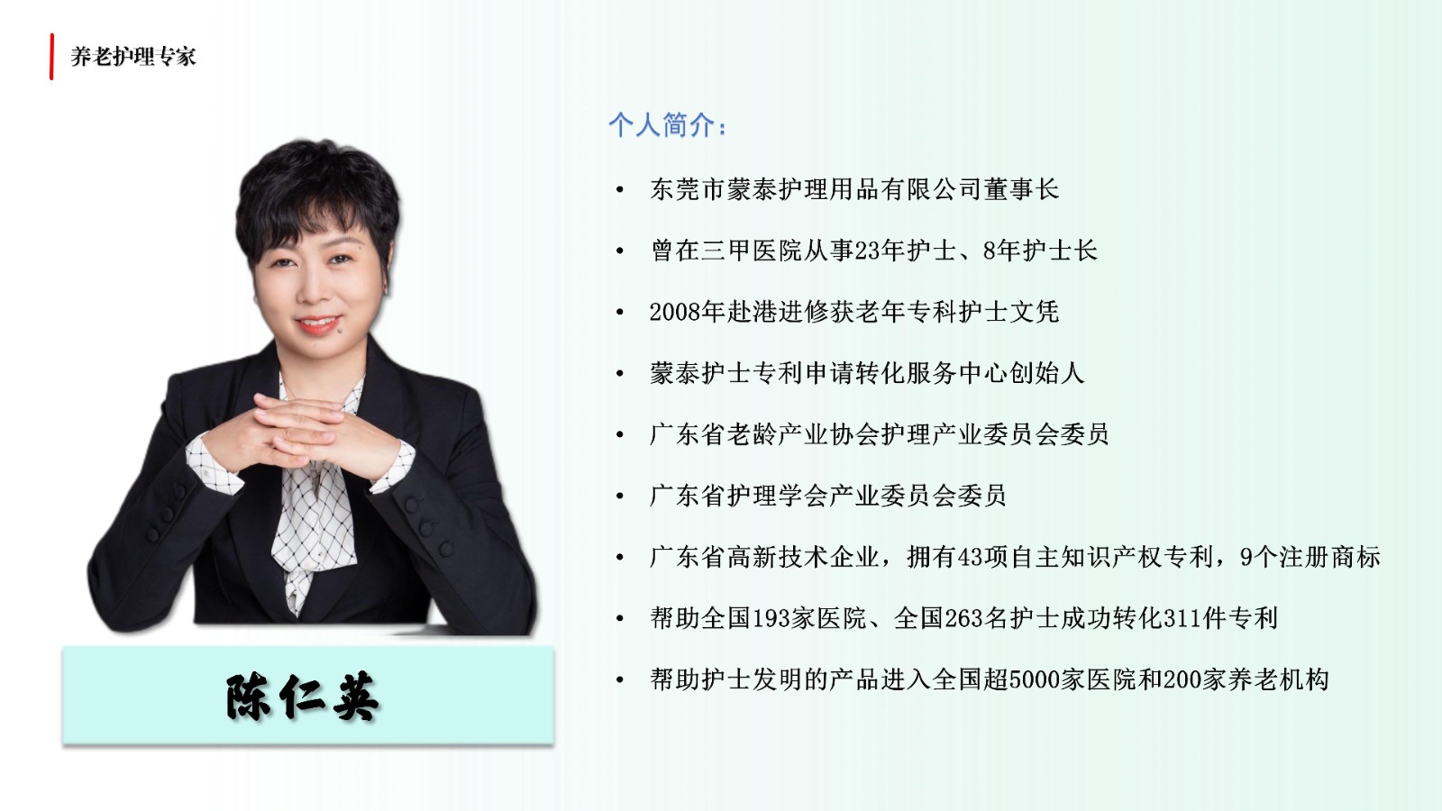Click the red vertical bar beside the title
point(51,57)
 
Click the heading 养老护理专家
point(133,57)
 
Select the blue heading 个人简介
point(668,125)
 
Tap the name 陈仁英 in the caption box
point(303,697)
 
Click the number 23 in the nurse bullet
point(867,251)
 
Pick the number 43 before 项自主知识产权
point(970,558)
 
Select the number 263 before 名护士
point(963,618)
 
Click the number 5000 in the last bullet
point(1035,679)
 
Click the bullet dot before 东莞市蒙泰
point(620,190)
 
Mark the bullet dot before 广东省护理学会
point(620,497)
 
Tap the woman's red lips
point(318,323)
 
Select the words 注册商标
point(1330,558)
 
